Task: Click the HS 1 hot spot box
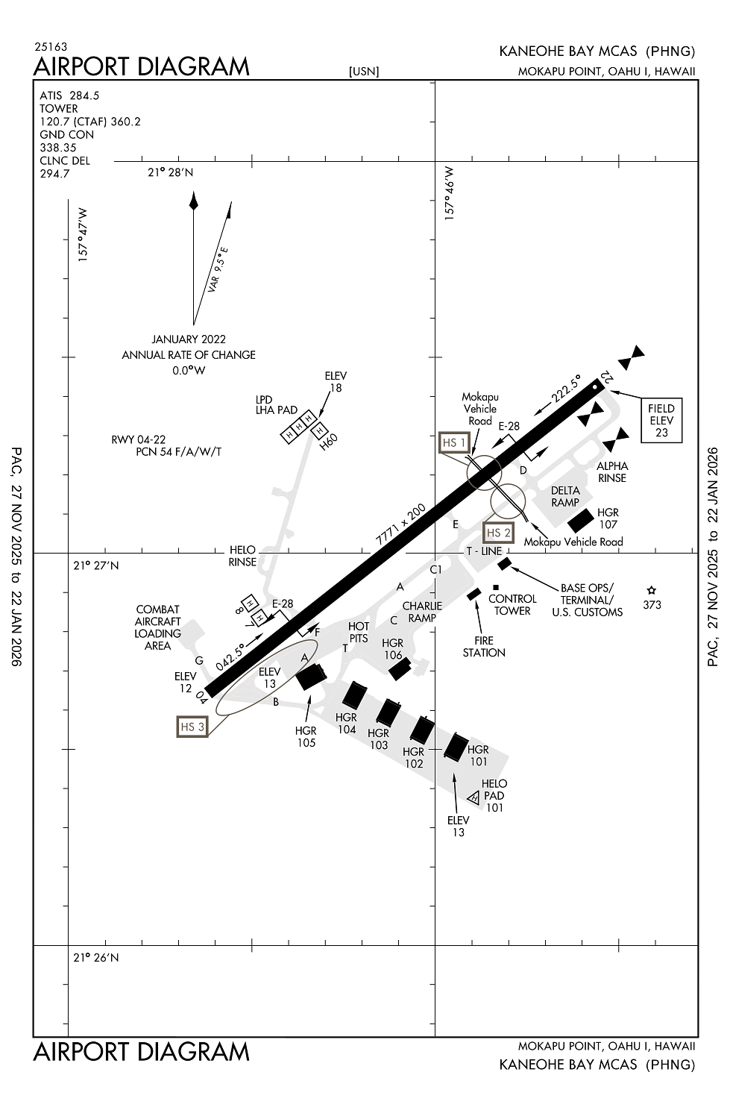pos(454,442)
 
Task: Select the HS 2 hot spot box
pos(499,533)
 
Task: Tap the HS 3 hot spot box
pos(192,727)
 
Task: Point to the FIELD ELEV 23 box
pos(661,421)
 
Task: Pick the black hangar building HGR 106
pos(400,668)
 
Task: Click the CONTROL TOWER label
pos(512,604)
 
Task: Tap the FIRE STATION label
pos(484,646)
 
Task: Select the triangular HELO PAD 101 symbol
pos(473,798)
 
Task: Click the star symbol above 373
pos(652,590)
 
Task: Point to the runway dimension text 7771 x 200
pos(400,524)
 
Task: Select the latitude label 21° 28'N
pos(170,172)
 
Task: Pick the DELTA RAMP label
pos(565,497)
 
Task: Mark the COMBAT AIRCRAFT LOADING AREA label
pos(158,627)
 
